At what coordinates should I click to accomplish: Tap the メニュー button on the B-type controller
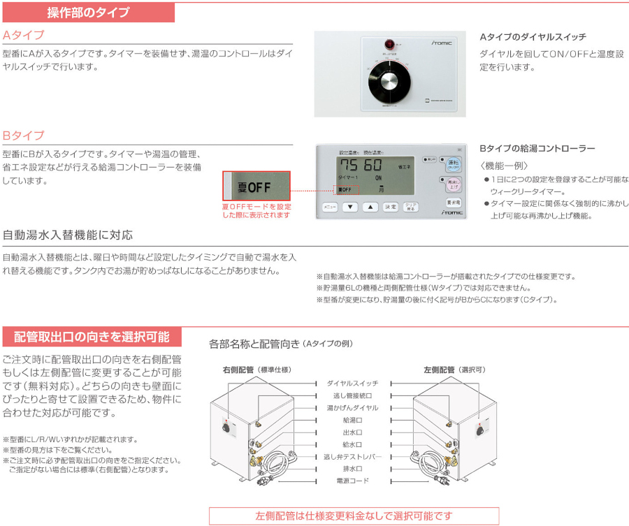coord(329,207)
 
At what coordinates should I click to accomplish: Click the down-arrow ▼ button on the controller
coord(351,207)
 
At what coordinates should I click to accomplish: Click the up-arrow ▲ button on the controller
coord(372,207)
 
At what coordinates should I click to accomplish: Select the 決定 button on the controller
coord(391,207)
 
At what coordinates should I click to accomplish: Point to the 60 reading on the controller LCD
coord(373,166)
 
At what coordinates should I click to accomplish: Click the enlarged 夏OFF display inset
coord(256,187)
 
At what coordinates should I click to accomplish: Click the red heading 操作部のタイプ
coord(88,12)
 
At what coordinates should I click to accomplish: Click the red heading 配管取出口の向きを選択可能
coord(92,337)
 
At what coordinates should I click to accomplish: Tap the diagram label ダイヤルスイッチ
coord(352,383)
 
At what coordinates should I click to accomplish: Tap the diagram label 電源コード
coord(352,481)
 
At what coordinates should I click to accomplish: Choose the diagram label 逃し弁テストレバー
coord(352,457)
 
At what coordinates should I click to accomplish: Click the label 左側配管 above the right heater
coord(440,370)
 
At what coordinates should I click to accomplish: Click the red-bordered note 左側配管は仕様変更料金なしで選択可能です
coord(354,516)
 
